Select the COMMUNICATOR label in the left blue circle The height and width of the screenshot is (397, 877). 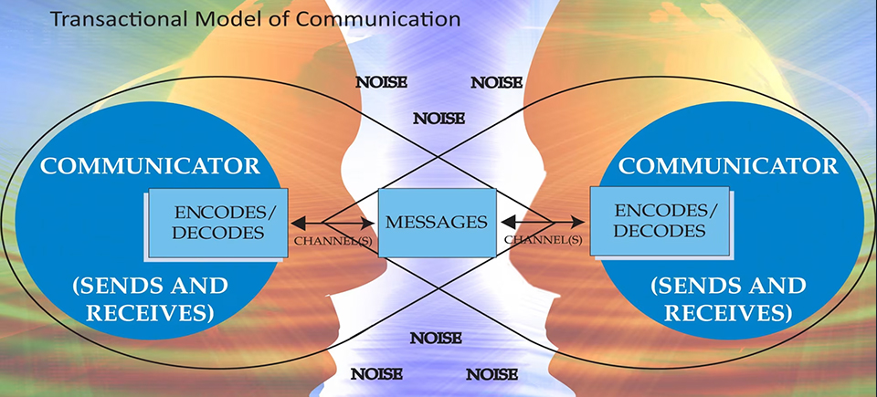pyautogui.click(x=151, y=166)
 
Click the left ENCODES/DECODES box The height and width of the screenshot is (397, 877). pyautogui.click(x=217, y=223)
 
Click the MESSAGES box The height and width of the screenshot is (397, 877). pyautogui.click(x=438, y=221)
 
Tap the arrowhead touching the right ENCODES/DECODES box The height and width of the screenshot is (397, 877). pyautogui.click(x=579, y=221)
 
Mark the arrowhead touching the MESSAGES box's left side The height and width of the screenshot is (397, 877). pyautogui.click(x=372, y=222)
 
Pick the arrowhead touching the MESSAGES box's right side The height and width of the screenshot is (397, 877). pyautogui.click(x=504, y=221)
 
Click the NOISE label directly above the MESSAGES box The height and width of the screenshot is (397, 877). pyautogui.click(x=439, y=118)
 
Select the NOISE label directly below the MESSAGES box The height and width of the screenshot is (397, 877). pyautogui.click(x=436, y=338)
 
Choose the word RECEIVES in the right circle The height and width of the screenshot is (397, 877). pyautogui.click(x=727, y=313)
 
